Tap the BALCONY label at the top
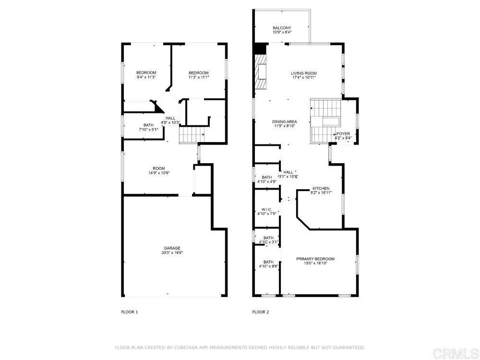point(282,27)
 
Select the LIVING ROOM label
point(303,73)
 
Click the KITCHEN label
point(321,188)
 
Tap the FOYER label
point(343,134)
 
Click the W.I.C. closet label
point(267,209)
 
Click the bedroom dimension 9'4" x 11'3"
point(146,77)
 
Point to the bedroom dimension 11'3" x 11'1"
point(198,77)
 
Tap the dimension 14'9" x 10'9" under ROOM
point(159,173)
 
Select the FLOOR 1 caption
point(129,312)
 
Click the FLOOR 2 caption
point(261,312)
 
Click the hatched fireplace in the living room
point(262,72)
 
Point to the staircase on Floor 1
point(189,136)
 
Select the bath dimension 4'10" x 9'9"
point(268,266)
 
